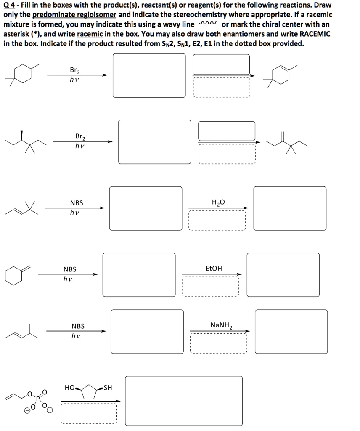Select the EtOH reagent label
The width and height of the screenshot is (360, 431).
pyautogui.click(x=214, y=269)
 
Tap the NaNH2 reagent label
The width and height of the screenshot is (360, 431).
pyautogui.click(x=221, y=325)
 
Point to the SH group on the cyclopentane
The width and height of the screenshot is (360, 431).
pyautogui.click(x=108, y=387)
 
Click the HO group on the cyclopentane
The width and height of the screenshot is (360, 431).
pyautogui.click(x=70, y=387)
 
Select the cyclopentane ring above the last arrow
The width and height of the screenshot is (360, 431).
pyautogui.click(x=89, y=392)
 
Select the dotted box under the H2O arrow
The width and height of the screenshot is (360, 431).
pyautogui.click(x=217, y=220)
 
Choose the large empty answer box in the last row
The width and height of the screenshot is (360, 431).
pyautogui.click(x=183, y=400)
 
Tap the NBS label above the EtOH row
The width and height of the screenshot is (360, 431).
pyautogui.click(x=70, y=269)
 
